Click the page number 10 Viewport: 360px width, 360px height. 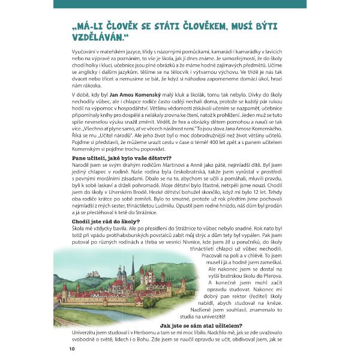(x=72, y=349)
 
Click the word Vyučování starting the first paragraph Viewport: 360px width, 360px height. (x=86, y=53)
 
